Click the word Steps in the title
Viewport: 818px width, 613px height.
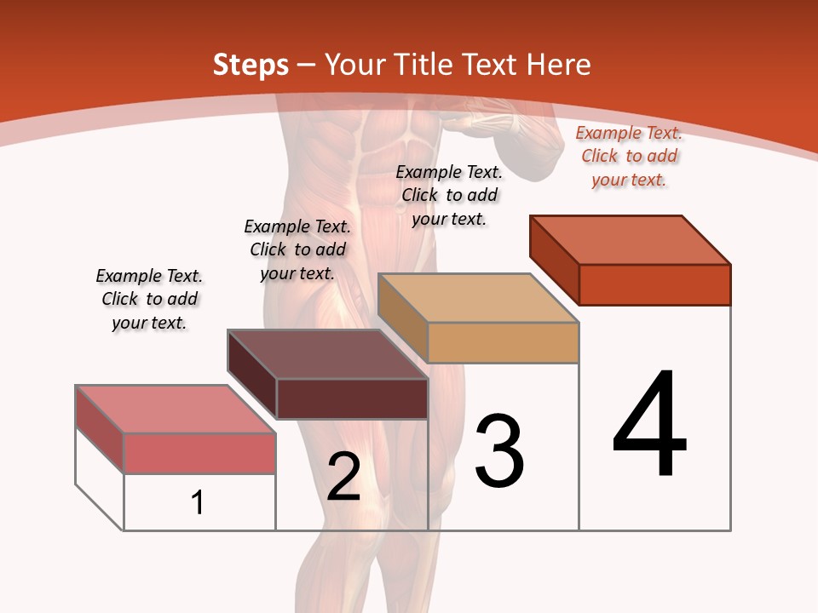point(251,66)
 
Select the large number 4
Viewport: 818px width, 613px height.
point(649,426)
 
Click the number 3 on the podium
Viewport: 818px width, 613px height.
point(499,451)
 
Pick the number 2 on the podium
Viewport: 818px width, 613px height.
point(343,477)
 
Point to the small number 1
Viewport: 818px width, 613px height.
point(198,502)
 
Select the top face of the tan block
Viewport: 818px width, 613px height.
point(477,298)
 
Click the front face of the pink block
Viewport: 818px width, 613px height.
point(199,453)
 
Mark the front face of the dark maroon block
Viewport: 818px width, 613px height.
point(352,398)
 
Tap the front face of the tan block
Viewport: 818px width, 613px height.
point(503,342)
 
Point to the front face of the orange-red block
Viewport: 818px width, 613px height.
point(654,284)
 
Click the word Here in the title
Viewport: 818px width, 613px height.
point(559,66)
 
